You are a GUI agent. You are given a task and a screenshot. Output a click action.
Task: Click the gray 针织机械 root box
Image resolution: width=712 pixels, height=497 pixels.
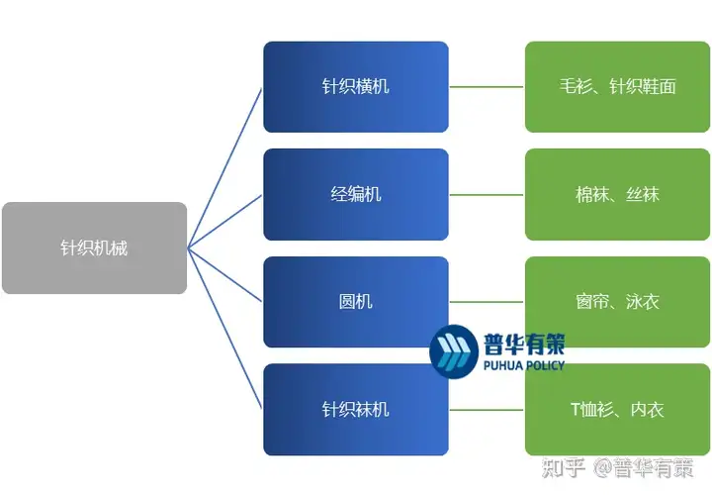coord(95,248)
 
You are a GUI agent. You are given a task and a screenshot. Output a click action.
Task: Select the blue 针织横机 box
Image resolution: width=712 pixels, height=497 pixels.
coord(356,87)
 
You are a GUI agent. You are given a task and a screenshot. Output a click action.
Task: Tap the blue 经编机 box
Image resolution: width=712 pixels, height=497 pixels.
coord(356,195)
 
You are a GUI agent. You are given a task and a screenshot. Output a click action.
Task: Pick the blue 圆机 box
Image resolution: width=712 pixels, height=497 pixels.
coord(356,302)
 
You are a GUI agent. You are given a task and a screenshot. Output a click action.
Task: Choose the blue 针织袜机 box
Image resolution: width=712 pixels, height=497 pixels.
coord(356,409)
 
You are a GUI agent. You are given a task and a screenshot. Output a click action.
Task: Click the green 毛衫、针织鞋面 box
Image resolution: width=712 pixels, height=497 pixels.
coord(617,87)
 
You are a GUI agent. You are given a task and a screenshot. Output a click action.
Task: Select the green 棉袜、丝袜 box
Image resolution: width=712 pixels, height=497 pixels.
coord(617,195)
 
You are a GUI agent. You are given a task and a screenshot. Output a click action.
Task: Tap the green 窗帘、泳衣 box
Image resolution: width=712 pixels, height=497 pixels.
coord(617,302)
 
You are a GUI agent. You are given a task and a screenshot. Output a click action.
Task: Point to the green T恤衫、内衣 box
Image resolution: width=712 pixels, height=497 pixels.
coord(617,409)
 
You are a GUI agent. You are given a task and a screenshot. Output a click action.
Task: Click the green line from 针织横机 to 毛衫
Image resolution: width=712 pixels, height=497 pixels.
coord(487,87)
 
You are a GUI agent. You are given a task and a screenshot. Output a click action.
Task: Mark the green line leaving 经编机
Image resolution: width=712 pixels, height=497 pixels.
coord(487,195)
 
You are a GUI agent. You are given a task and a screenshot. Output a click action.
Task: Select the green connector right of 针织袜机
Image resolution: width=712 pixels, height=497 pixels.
coord(487,410)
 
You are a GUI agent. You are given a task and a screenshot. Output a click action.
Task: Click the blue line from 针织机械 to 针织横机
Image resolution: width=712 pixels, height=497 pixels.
coord(224,168)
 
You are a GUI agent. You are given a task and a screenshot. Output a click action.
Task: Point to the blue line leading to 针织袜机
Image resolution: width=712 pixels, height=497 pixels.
coord(224,329)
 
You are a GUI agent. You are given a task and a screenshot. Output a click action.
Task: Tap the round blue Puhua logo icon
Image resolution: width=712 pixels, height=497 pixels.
coord(454,351)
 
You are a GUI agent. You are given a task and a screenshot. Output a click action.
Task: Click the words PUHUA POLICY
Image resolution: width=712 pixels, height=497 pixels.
coord(524,365)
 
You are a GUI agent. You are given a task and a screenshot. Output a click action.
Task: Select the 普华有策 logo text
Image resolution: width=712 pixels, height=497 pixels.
coord(524,344)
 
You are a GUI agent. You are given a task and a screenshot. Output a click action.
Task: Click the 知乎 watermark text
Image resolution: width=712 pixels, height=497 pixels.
coord(563,468)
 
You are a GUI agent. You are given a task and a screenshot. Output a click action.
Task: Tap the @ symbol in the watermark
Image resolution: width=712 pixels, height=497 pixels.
coord(603,468)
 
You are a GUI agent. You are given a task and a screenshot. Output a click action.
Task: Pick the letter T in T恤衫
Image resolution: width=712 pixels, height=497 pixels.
coord(576,409)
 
